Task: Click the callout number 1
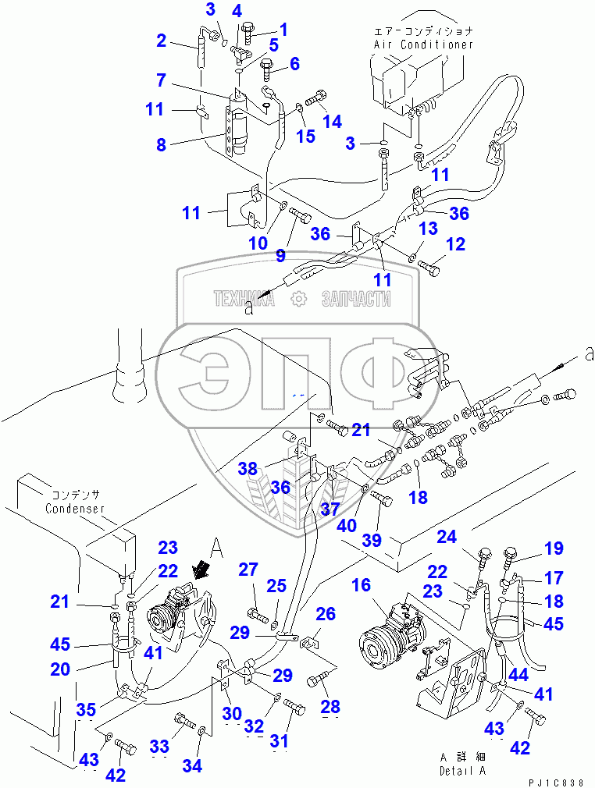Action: pos(283,30)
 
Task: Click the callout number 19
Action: pos(554,548)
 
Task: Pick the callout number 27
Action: pos(248,570)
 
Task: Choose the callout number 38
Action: pos(248,468)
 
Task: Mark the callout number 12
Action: pos(455,244)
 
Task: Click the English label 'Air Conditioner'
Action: pos(423,44)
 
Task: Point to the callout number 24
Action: pos(447,536)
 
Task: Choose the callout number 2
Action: pos(162,41)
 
